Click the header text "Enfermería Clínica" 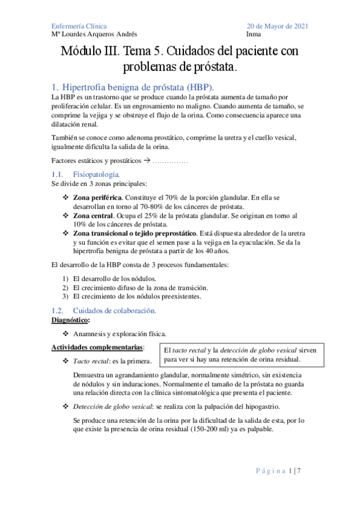(79, 26)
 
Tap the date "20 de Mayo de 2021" (278, 26)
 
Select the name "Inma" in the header (255, 35)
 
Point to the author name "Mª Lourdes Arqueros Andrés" (94, 35)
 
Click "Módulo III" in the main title (90, 52)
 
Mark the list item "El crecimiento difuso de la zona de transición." (140, 287)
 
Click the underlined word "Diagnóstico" (70, 320)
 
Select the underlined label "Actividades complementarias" (97, 348)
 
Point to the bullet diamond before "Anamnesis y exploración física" (66, 333)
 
